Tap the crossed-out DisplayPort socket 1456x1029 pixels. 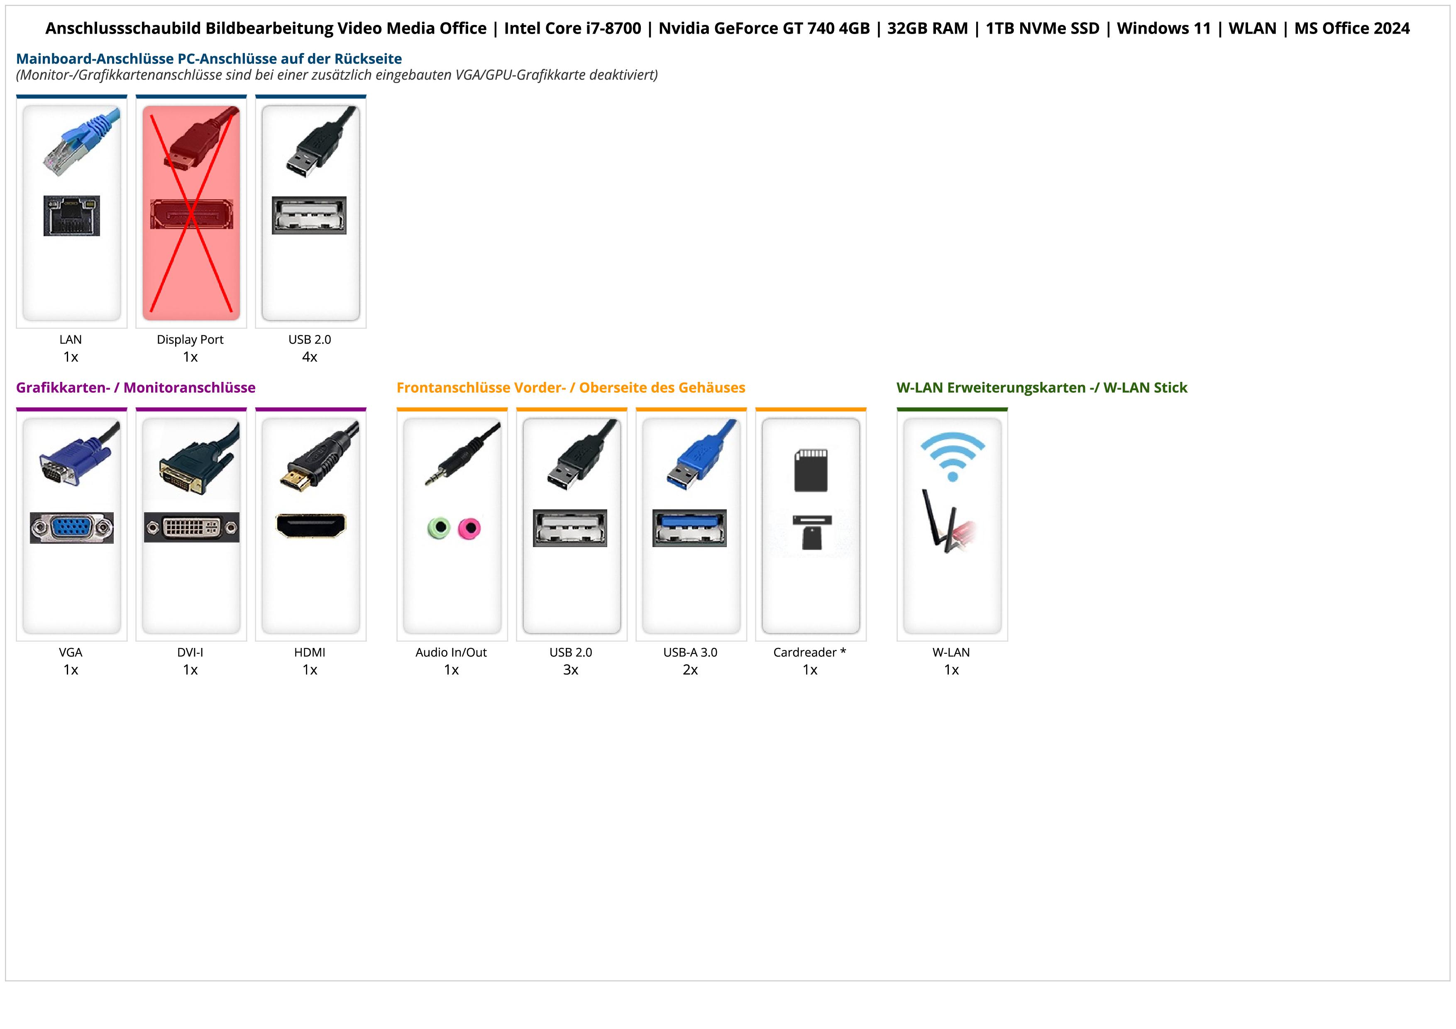[x=191, y=214]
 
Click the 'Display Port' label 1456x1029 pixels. [x=190, y=340]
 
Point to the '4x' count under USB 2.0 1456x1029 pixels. [x=310, y=357]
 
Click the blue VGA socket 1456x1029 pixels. [x=72, y=528]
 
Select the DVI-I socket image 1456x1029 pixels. [x=191, y=528]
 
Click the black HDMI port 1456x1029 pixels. [x=311, y=525]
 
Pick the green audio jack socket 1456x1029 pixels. [x=438, y=528]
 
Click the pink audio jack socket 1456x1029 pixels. [x=470, y=528]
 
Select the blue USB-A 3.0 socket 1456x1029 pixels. [x=689, y=528]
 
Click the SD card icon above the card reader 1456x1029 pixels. [x=811, y=470]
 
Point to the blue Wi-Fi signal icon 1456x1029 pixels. [x=953, y=456]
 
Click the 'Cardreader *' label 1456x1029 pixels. [x=810, y=653]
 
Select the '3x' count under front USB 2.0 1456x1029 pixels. [x=571, y=670]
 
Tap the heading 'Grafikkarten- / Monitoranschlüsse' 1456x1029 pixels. [x=136, y=388]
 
